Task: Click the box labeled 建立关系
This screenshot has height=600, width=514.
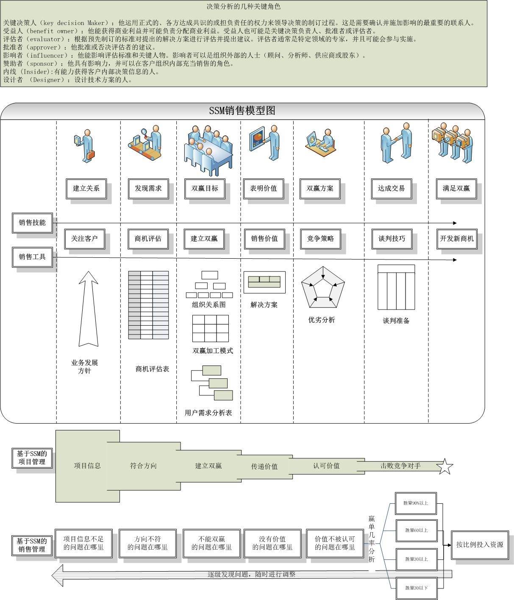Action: (x=86, y=188)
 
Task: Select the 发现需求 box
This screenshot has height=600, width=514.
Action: (x=148, y=188)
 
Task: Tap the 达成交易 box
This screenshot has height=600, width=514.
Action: (x=391, y=188)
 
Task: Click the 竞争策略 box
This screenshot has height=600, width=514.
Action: (x=320, y=238)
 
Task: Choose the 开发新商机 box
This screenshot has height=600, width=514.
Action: (x=456, y=238)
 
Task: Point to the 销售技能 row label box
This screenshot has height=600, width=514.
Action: (x=32, y=223)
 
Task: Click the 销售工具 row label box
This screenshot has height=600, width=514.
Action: (x=32, y=257)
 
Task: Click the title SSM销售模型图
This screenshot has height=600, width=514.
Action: (x=242, y=111)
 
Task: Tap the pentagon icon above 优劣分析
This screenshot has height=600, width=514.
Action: (x=323, y=287)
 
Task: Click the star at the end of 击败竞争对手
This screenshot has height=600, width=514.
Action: (x=445, y=466)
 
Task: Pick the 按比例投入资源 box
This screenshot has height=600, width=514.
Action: (x=480, y=544)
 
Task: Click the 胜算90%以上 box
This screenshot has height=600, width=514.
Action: (x=416, y=503)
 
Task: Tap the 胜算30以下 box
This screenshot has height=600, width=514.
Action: (x=416, y=588)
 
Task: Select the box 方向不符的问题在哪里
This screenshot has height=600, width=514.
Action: (x=147, y=543)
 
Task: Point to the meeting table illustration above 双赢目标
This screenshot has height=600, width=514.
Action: (x=208, y=148)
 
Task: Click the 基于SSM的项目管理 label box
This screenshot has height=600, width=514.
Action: (x=32, y=458)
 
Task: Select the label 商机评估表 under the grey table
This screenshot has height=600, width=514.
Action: (x=152, y=369)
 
